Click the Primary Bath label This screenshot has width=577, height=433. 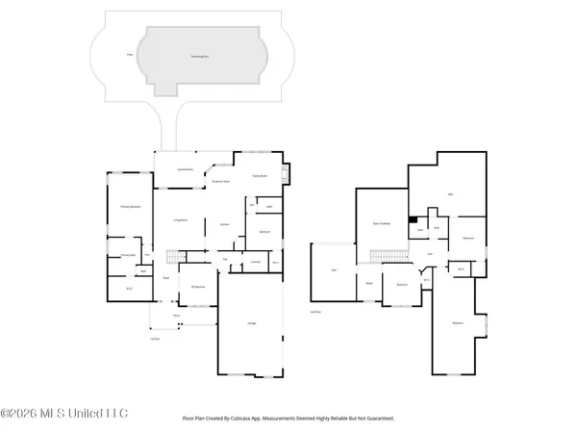point(125,255)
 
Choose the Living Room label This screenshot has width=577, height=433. point(179,221)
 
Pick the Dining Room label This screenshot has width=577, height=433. point(196,287)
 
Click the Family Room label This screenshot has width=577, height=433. point(260,177)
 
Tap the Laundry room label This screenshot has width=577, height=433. point(256,262)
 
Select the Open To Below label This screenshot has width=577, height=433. point(380,223)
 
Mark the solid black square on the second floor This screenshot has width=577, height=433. point(413,219)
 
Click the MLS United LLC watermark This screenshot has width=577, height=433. point(63,414)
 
